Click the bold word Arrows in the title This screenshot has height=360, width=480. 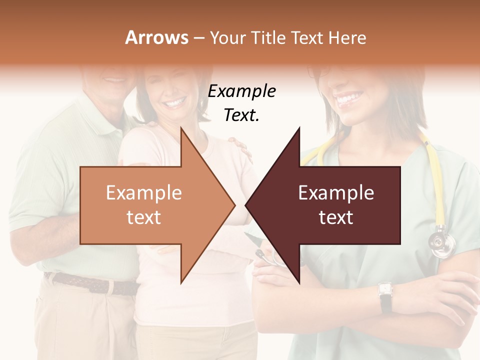coord(157,37)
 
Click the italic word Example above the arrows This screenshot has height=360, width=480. coord(241,91)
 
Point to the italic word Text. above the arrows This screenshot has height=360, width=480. coord(241,115)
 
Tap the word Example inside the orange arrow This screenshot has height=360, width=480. coord(144,193)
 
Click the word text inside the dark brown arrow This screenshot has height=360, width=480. coord(336,217)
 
